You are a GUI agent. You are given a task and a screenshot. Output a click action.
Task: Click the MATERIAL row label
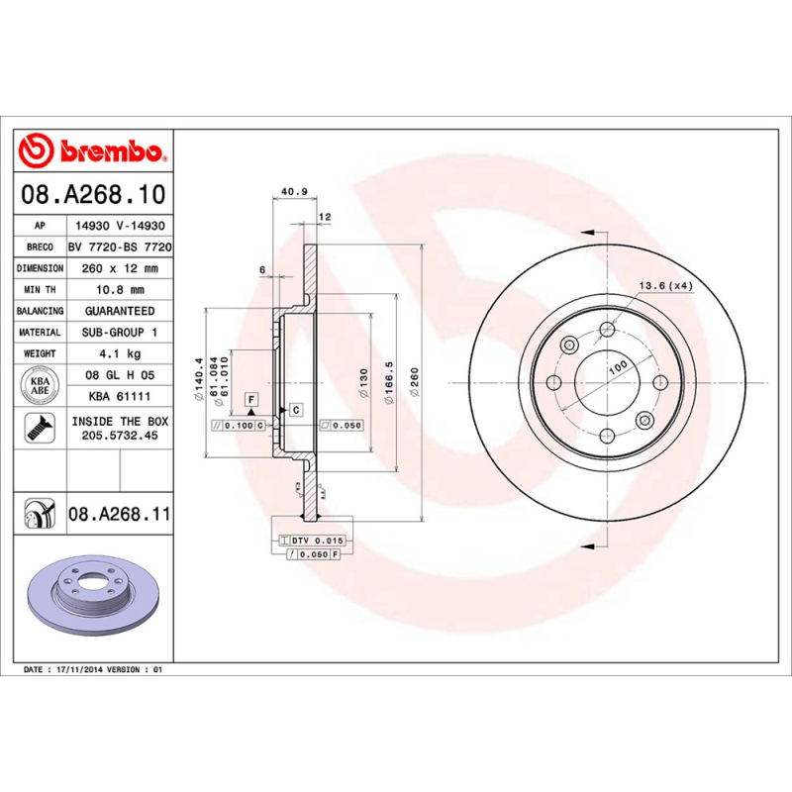[x=40, y=333]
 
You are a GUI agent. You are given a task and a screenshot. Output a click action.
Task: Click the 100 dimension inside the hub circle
[x=618, y=366]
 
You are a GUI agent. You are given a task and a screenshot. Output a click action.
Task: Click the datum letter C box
[x=295, y=409]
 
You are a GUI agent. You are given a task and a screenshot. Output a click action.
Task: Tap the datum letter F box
[x=251, y=399]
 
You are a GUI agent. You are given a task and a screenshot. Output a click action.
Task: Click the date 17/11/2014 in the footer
[x=80, y=670]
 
